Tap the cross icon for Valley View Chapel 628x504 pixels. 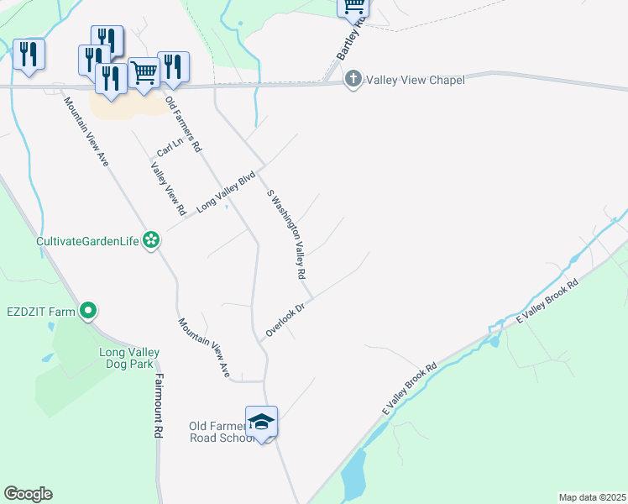[353, 80]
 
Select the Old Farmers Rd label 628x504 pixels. [184, 124]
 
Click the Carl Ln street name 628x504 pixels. [170, 148]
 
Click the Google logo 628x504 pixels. [28, 494]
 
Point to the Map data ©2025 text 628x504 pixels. [591, 497]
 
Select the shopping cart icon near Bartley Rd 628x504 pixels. [353, 7]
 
